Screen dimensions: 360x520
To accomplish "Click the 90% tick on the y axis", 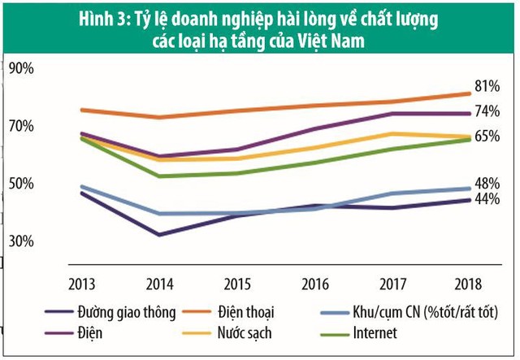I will pyautogui.click(x=21, y=69).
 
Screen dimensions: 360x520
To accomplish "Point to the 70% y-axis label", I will pyautogui.click(x=21, y=127).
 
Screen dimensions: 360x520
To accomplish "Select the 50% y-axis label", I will pyautogui.click(x=21, y=184).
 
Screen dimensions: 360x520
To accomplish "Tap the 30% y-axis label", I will pyautogui.click(x=21, y=241).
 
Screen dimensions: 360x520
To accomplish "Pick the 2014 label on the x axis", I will pyautogui.click(x=158, y=284).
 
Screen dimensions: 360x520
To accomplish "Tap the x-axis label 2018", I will pyautogui.click(x=468, y=284).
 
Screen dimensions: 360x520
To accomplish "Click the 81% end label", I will pyautogui.click(x=486, y=86).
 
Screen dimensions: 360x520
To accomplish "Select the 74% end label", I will pyautogui.click(x=486, y=111).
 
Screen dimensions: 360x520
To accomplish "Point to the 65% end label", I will pyautogui.click(x=486, y=137).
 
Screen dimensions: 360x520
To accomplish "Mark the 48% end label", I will pyautogui.click(x=486, y=184).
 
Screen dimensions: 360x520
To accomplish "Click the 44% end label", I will pyautogui.click(x=486, y=199).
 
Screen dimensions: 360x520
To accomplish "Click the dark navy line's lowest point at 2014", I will pyautogui.click(x=158, y=235).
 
